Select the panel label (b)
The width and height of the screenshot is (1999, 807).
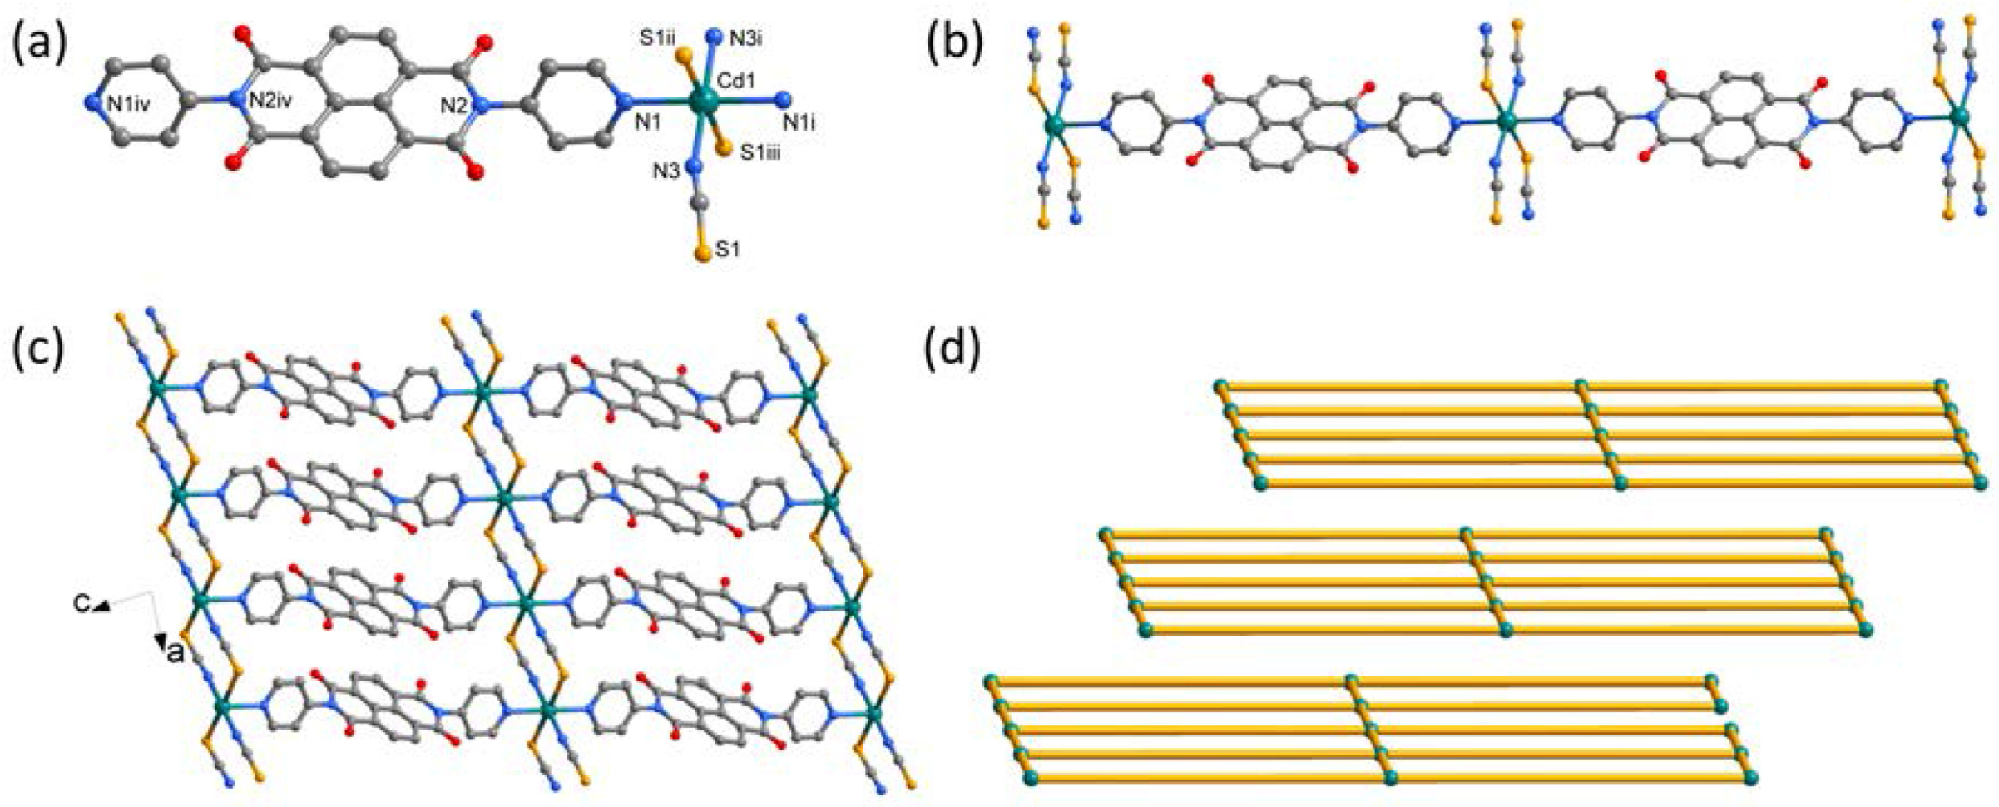coord(954,43)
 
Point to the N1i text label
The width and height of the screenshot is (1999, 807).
coord(799,123)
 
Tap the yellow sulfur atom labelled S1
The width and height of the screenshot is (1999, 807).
coord(705,252)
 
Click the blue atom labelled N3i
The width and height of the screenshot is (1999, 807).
coord(712,37)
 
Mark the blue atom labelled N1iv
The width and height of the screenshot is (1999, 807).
coord(93,103)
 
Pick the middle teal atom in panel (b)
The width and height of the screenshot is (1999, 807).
coord(1506,121)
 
